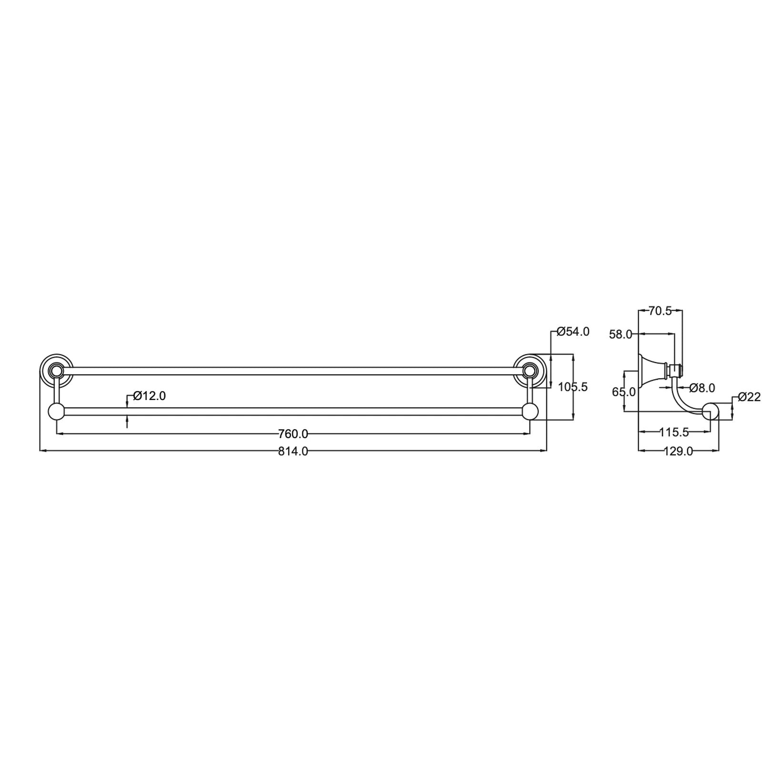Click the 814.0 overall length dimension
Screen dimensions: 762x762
click(x=293, y=451)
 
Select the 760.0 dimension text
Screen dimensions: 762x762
click(x=293, y=434)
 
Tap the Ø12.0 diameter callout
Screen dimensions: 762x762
click(x=150, y=396)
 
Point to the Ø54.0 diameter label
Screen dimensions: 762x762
click(x=573, y=331)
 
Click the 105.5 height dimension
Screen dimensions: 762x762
click(x=573, y=387)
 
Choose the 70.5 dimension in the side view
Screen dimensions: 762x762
click(x=660, y=311)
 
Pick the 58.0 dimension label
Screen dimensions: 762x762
click(x=621, y=335)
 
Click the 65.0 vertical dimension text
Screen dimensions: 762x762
click(x=624, y=392)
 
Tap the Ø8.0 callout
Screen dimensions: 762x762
click(x=702, y=388)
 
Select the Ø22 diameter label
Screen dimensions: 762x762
click(x=750, y=397)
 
